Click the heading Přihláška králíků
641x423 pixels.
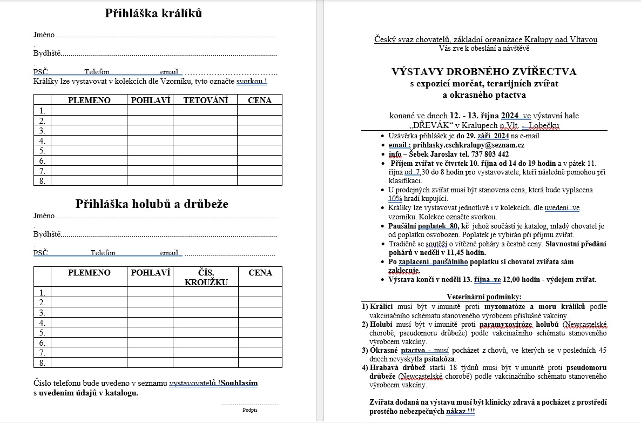click(153, 14)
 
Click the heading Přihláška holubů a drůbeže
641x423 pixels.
click(152, 204)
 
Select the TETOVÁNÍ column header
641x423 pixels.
click(205, 100)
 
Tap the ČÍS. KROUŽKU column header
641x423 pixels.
click(205, 277)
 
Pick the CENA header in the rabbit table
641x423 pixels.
click(260, 100)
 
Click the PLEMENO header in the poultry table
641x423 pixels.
click(89, 273)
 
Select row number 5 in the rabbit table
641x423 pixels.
click(42, 151)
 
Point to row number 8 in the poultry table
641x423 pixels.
click(42, 362)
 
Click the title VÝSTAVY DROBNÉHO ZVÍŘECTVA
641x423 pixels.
click(484, 72)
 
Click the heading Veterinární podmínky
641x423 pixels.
click(484, 297)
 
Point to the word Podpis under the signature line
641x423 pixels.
click(250, 410)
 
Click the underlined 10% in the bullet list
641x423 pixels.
click(395, 198)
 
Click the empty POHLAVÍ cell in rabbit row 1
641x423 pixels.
click(150, 110)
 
